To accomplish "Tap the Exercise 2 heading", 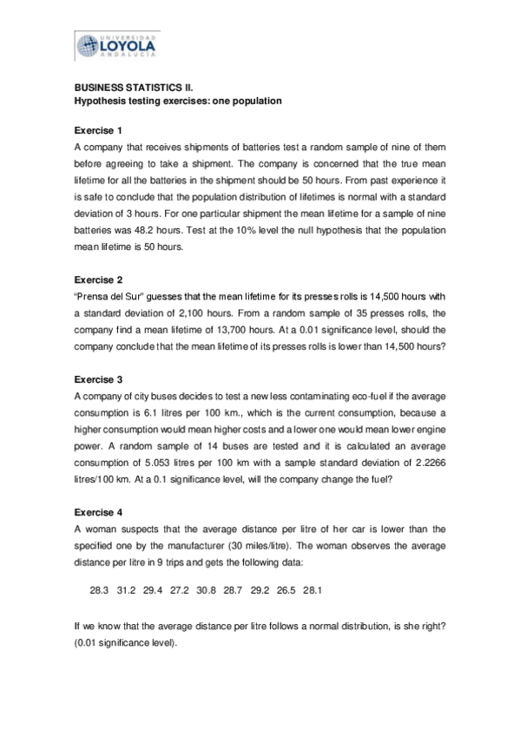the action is click(98, 279).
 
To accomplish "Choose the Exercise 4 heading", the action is click(98, 505).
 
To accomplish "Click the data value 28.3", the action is click(99, 590).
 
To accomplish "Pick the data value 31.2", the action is click(126, 590).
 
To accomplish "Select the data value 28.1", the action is click(313, 590).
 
